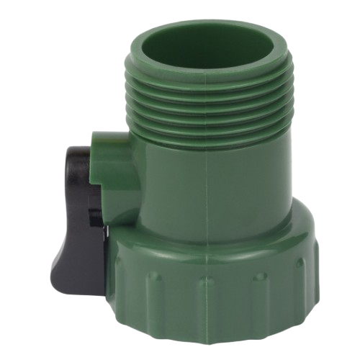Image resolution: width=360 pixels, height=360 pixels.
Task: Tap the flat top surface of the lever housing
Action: click(115, 138)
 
